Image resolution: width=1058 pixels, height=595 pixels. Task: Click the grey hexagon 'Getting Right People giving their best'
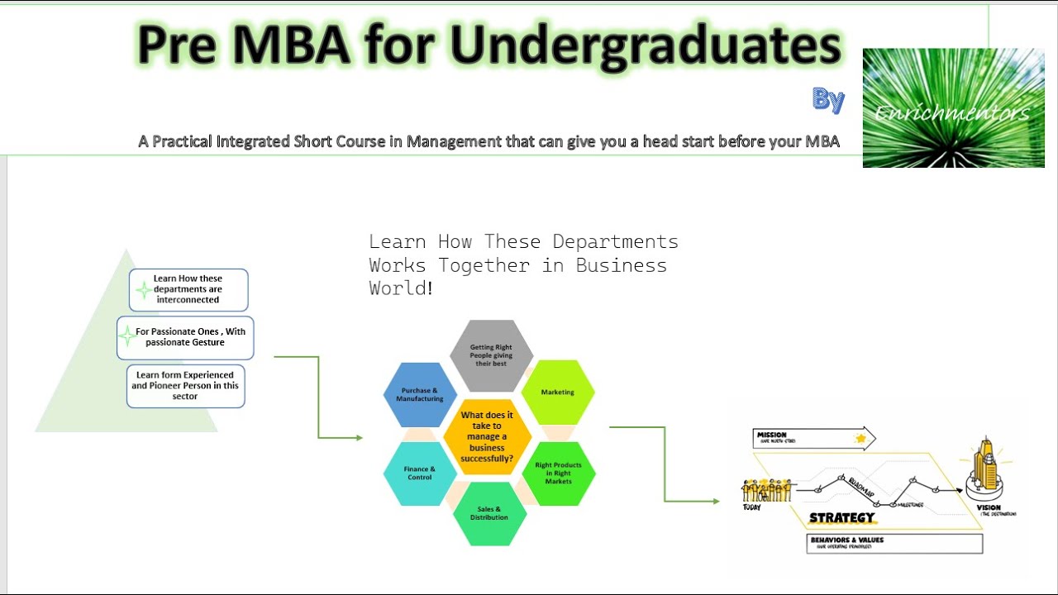(493, 355)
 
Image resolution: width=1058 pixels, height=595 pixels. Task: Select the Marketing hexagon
(558, 392)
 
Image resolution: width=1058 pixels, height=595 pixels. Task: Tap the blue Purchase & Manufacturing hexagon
(420, 394)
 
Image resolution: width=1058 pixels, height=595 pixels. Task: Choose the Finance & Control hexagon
(420, 473)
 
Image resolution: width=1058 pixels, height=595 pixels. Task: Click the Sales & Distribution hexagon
(489, 513)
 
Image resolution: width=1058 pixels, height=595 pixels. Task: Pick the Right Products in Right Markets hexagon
(558, 474)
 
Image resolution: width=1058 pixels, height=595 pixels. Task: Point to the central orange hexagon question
(488, 436)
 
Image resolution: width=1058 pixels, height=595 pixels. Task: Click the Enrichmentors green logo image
(953, 108)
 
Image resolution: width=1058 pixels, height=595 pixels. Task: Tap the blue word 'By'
(828, 100)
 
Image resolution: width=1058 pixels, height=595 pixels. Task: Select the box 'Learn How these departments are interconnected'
(188, 289)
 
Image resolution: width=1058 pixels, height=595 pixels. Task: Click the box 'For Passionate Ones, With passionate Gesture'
(186, 337)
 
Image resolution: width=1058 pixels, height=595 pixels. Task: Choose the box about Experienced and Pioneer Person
(185, 386)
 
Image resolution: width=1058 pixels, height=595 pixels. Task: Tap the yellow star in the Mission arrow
(860, 438)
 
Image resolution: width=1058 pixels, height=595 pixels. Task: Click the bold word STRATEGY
(841, 518)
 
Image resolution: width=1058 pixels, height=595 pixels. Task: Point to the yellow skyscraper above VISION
(984, 467)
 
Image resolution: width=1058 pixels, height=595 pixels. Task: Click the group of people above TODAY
(766, 491)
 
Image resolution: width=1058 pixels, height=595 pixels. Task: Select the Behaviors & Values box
(894, 543)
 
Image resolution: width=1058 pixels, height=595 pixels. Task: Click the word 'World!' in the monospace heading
(401, 288)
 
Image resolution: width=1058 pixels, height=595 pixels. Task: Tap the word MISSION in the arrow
(772, 435)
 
